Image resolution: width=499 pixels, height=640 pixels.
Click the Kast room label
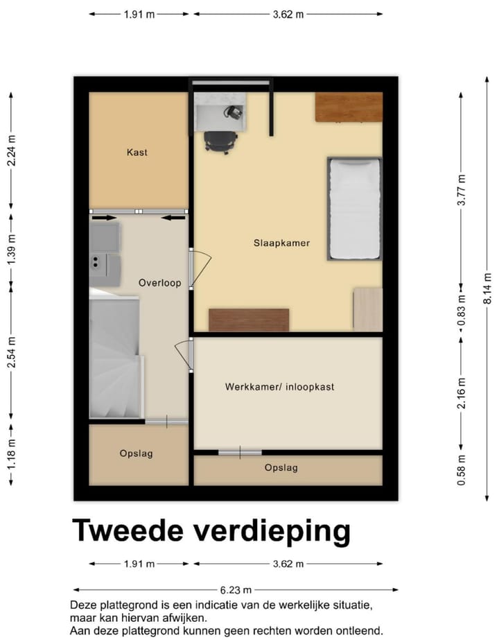pyautogui.click(x=137, y=152)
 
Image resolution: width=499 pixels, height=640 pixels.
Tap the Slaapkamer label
pyautogui.click(x=281, y=243)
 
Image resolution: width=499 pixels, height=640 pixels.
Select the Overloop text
pyautogui.click(x=159, y=283)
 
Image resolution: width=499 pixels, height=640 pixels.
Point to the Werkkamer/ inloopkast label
pyautogui.click(x=279, y=387)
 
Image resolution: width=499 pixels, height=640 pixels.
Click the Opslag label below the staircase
pyautogui.click(x=136, y=453)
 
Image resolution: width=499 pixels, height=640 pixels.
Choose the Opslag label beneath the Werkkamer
pyautogui.click(x=281, y=468)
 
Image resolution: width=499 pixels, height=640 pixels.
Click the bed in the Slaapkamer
pyautogui.click(x=355, y=209)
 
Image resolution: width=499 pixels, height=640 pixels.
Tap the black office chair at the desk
pyautogui.click(x=217, y=141)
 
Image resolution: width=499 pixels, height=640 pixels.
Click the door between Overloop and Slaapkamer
pyautogui.click(x=195, y=268)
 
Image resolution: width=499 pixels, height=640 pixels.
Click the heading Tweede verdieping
pyautogui.click(x=211, y=531)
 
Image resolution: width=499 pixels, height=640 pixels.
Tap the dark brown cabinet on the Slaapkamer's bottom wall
pyautogui.click(x=249, y=320)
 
